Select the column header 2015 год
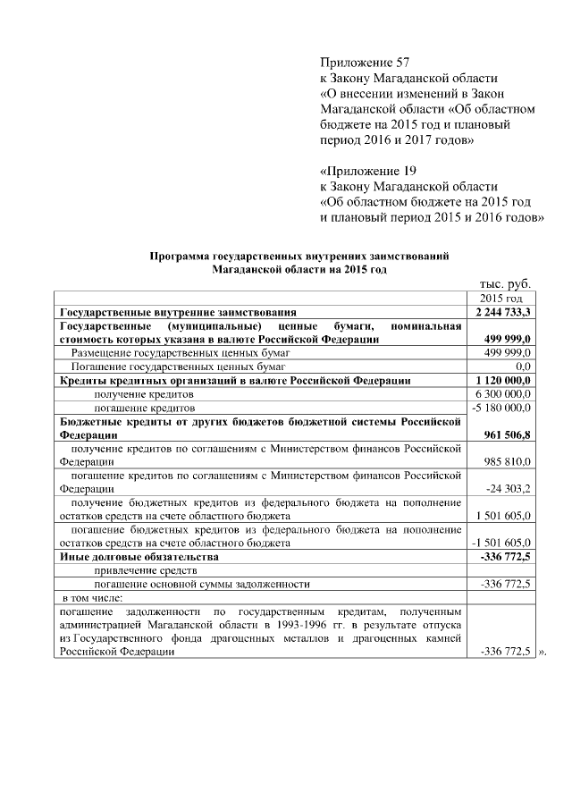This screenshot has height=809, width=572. [501, 298]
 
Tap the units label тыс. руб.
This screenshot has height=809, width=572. [505, 282]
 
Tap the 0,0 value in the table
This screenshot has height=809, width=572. [524, 367]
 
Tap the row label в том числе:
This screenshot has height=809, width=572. [92, 597]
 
